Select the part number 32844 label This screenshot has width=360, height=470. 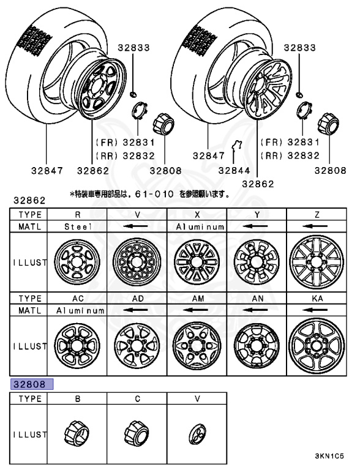tap(234, 171)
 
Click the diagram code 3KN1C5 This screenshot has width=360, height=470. tap(330, 457)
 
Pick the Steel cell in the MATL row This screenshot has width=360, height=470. tap(78, 226)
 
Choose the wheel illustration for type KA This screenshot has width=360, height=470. tap(317, 346)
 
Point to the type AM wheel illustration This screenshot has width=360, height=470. tap(197, 346)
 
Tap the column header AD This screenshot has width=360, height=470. tap(138, 299)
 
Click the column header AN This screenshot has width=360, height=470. tap(257, 299)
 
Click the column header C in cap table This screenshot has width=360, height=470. tap(138, 398)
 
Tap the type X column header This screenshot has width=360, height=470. tap(197, 214)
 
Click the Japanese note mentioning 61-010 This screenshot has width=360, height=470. tap(150, 195)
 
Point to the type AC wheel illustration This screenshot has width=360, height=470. tap(78, 346)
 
